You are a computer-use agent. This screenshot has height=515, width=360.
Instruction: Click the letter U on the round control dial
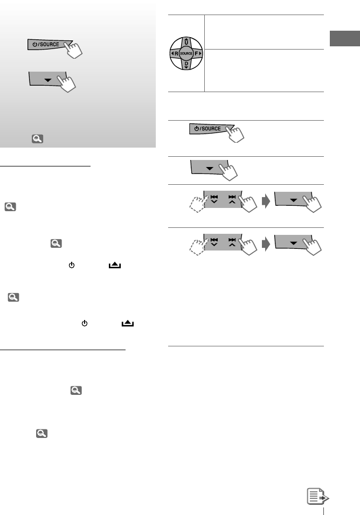click(186, 43)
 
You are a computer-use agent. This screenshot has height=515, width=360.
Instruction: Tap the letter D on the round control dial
click(186, 64)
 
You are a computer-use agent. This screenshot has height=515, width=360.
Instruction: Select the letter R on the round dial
click(176, 53)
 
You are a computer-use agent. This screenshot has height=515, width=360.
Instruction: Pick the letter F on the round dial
click(196, 53)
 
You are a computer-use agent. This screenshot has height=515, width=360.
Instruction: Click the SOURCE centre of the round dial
click(186, 53)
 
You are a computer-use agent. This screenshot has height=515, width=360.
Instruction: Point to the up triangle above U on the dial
click(186, 39)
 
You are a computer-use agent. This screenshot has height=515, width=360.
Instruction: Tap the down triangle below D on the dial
click(186, 67)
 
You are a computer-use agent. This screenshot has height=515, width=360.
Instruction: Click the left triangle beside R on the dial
click(172, 53)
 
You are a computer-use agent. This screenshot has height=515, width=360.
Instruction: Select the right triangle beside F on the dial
click(200, 53)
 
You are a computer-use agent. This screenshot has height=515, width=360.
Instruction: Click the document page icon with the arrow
click(317, 496)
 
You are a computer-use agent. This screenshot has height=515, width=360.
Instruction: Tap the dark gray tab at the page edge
click(345, 38)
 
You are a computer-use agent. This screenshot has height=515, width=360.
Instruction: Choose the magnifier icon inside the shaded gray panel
click(37, 138)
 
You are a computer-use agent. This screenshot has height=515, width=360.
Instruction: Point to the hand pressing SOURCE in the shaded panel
click(74, 50)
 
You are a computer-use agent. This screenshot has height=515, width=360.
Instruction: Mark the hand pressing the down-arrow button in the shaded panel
click(67, 83)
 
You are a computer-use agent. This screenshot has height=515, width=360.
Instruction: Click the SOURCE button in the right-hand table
click(210, 128)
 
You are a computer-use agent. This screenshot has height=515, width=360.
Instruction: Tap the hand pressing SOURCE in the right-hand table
click(236, 134)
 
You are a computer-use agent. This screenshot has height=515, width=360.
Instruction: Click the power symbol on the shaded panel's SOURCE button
click(35, 44)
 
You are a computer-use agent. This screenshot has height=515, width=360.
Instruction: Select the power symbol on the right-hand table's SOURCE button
click(196, 128)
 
